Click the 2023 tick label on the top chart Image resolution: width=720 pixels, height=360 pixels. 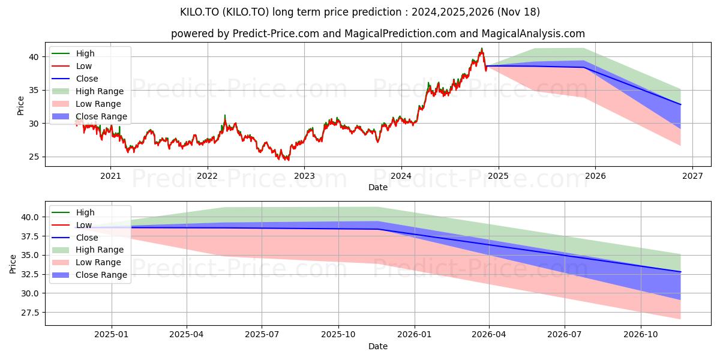click(304, 176)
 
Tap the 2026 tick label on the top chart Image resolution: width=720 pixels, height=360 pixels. click(595, 176)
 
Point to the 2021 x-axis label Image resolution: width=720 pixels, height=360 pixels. click(110, 176)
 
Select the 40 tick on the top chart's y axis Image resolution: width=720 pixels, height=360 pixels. click(34, 57)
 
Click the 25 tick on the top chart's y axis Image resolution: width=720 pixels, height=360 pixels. click(34, 157)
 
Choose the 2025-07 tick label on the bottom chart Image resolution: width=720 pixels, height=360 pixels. click(262, 335)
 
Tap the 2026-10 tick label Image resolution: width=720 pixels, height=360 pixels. click(641, 335)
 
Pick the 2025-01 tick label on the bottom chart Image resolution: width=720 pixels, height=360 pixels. click(112, 335)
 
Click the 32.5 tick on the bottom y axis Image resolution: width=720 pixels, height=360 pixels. click(29, 275)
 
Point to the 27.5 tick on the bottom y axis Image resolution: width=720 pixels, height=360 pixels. click(29, 313)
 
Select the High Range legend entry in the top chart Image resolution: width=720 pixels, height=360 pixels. click(88, 91)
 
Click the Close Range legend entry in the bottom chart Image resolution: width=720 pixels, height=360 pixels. click(89, 275)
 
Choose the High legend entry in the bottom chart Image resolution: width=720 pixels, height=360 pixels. click(73, 212)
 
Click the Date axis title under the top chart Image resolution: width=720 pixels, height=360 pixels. click(378, 187)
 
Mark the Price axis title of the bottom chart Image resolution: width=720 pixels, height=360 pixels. click(13, 264)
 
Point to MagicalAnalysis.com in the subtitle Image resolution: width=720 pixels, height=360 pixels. click(533, 34)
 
